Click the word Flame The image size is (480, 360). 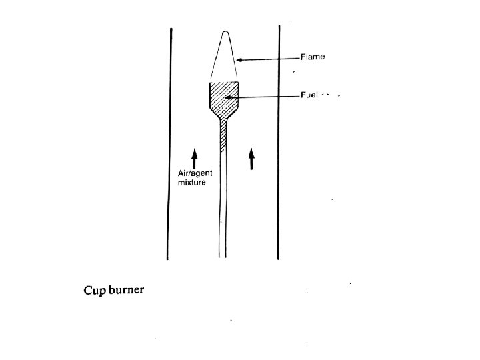tap(313, 57)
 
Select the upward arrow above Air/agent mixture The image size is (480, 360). tap(194, 158)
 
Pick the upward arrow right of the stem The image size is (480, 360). tap(251, 159)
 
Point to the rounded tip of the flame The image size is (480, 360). tap(227, 32)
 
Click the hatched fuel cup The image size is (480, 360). tap(224, 100)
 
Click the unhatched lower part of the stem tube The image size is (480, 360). tap(223, 207)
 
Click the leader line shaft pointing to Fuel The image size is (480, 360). tap(267, 97)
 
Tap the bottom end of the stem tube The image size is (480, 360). tap(223, 257)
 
